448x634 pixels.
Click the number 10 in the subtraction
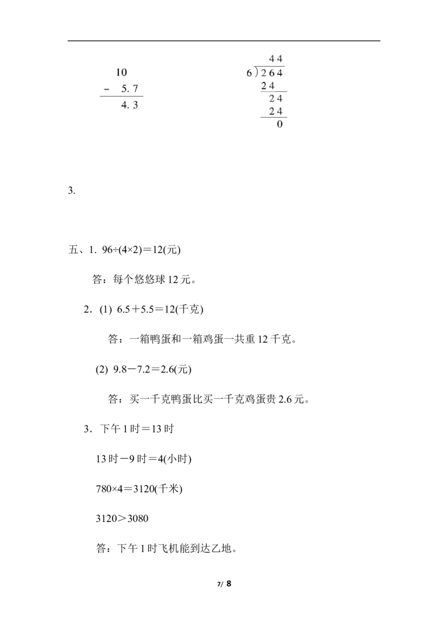click(121, 72)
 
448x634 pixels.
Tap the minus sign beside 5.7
click(107, 88)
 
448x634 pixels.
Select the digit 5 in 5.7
click(124, 88)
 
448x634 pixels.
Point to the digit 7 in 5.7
click(136, 88)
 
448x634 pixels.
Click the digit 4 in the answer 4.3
click(124, 104)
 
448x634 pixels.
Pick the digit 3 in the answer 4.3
click(136, 104)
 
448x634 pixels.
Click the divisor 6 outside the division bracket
click(249, 73)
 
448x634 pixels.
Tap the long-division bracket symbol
click(256, 73)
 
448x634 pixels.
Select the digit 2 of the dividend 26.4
click(264, 73)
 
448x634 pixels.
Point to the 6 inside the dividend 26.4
click(272, 73)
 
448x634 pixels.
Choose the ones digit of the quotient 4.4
click(272, 58)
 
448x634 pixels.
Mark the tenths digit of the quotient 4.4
click(280, 58)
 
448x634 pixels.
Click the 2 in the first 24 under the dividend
click(264, 86)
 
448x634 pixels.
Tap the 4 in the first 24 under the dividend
click(272, 86)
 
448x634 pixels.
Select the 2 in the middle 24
click(272, 99)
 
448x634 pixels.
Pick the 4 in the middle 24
click(280, 99)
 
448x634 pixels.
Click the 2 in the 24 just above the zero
click(272, 111)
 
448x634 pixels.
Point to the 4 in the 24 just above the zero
click(280, 111)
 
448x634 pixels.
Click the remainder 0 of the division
click(280, 124)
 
